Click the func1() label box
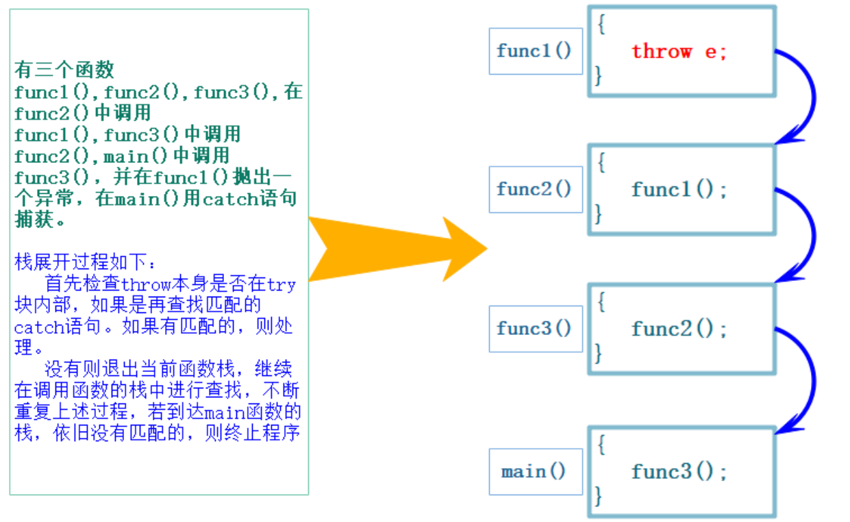tap(535, 51)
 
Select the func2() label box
tap(535, 189)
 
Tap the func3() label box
tap(535, 328)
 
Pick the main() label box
tap(535, 471)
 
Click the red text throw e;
tap(679, 51)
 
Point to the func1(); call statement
tap(679, 190)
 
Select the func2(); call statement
tap(679, 329)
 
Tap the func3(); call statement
tap(679, 471)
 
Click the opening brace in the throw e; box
tap(601, 25)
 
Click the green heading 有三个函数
tap(64, 70)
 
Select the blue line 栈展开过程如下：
tap(86, 262)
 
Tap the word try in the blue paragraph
tap(281, 284)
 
